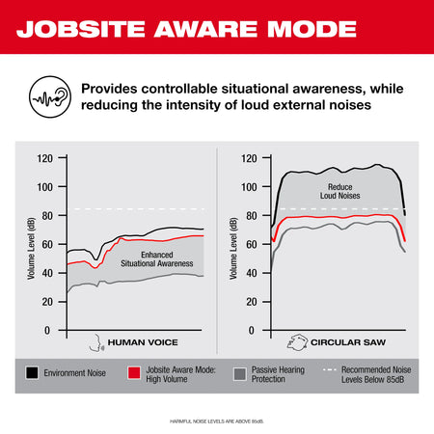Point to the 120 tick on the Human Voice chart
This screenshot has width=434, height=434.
(x=44, y=157)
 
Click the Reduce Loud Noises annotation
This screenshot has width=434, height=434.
(x=339, y=191)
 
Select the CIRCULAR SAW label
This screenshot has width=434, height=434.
(x=351, y=342)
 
